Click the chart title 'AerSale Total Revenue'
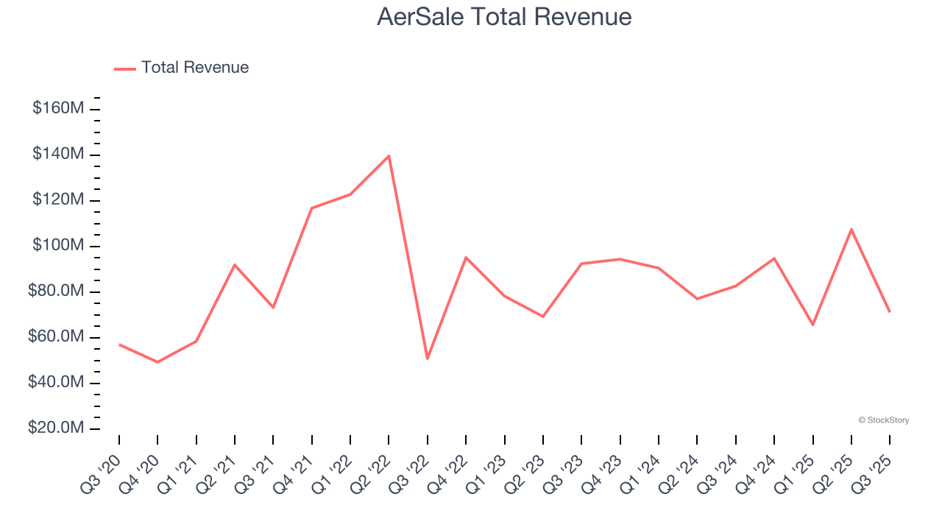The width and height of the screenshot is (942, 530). [x=504, y=16]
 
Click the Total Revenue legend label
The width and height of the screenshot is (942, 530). [x=195, y=68]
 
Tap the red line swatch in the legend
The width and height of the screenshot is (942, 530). [x=125, y=68]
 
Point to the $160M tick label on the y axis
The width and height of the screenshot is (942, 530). [x=58, y=109]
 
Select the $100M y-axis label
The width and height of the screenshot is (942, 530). [x=58, y=246]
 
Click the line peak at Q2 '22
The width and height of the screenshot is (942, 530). [x=389, y=155]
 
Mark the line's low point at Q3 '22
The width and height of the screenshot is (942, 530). [x=428, y=358]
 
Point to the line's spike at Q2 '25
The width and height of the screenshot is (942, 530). [x=851, y=229]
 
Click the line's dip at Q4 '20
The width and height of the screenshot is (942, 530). [x=157, y=362]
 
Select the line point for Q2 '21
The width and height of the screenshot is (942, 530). [x=235, y=264]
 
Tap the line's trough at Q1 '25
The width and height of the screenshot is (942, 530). [x=813, y=325]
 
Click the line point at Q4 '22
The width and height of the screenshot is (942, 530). [x=466, y=257]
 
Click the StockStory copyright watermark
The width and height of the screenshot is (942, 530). [x=883, y=420]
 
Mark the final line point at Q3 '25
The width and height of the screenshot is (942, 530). [x=890, y=311]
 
